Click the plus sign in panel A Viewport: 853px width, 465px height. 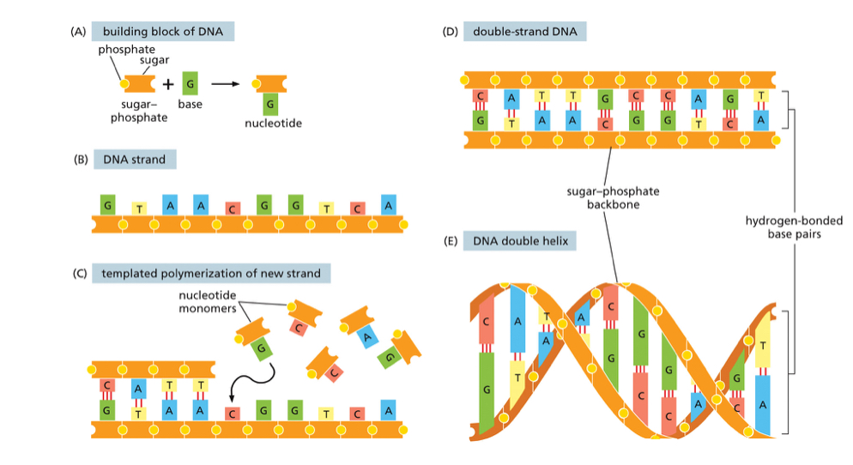coord(167,84)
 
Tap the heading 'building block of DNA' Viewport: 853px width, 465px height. coord(162,32)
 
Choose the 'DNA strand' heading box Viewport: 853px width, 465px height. coord(134,159)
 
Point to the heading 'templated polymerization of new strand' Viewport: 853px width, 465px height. coord(211,274)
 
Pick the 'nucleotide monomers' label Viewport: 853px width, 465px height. coord(207,302)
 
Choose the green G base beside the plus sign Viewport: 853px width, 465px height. coord(190,83)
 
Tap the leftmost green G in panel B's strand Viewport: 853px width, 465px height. coord(107,206)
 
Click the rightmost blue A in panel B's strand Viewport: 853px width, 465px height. coord(389,206)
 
